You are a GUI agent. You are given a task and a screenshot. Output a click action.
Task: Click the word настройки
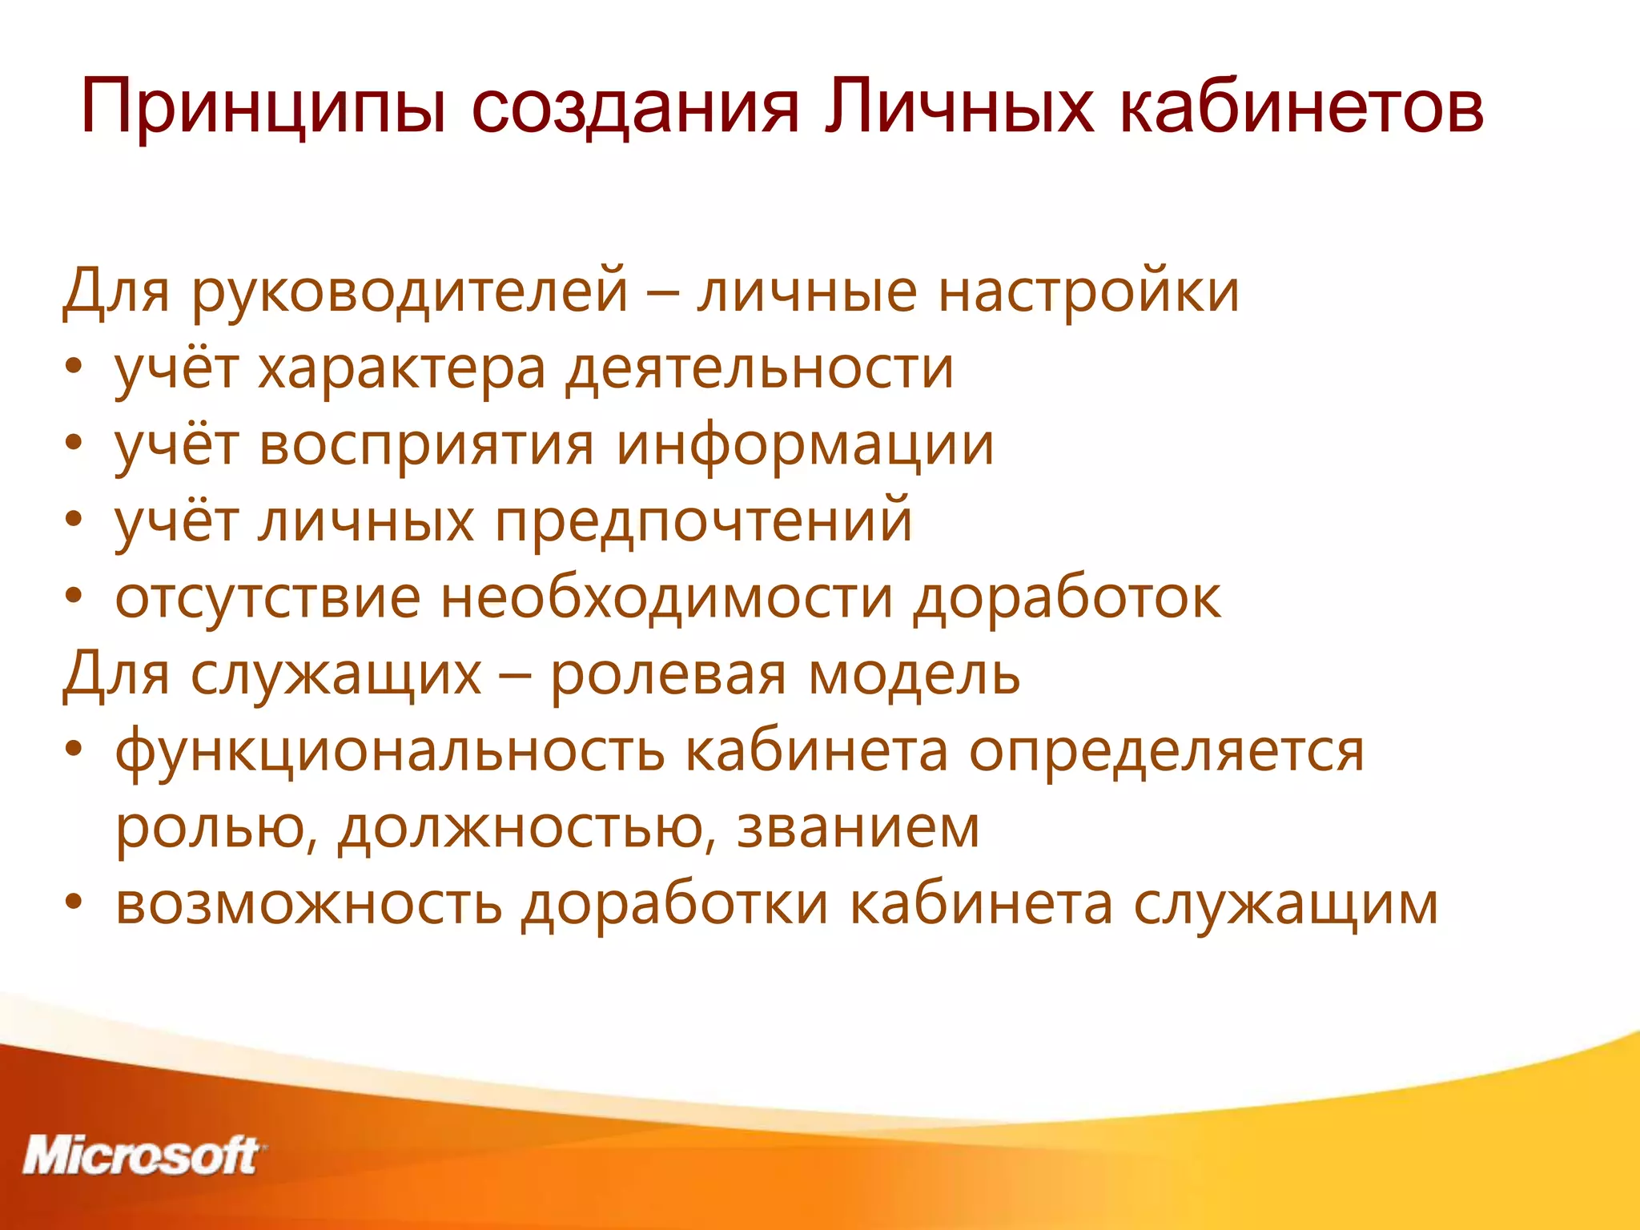1089,291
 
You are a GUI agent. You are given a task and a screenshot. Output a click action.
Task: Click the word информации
805,445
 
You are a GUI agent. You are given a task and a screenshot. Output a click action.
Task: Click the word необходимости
666,598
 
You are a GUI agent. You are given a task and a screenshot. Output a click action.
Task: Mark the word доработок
1067,598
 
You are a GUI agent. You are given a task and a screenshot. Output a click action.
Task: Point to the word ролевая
669,675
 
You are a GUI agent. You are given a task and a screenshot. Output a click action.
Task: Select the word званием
858,829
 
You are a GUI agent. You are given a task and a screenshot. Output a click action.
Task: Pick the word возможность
308,905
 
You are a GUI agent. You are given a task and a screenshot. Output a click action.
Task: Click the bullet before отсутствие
74,597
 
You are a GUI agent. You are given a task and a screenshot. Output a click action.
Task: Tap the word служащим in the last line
1286,905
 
